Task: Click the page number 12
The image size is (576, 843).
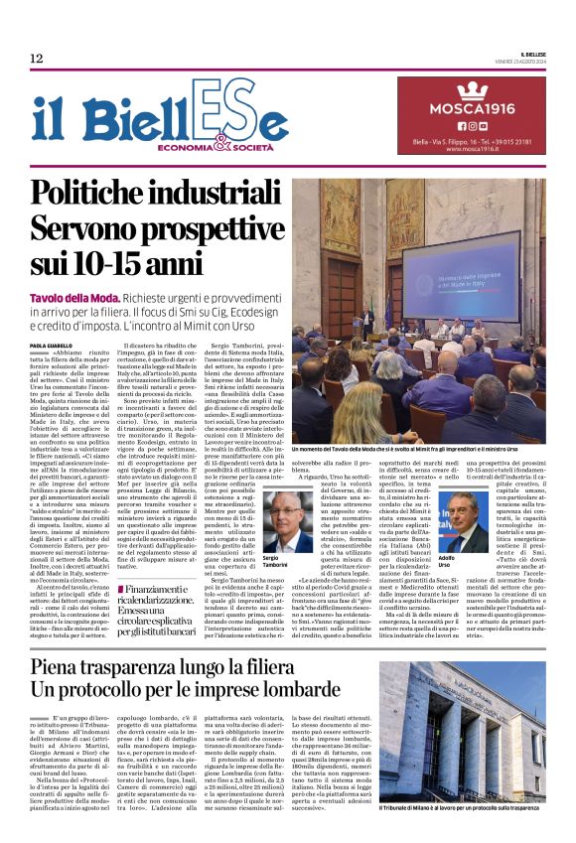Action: coord(37,60)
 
